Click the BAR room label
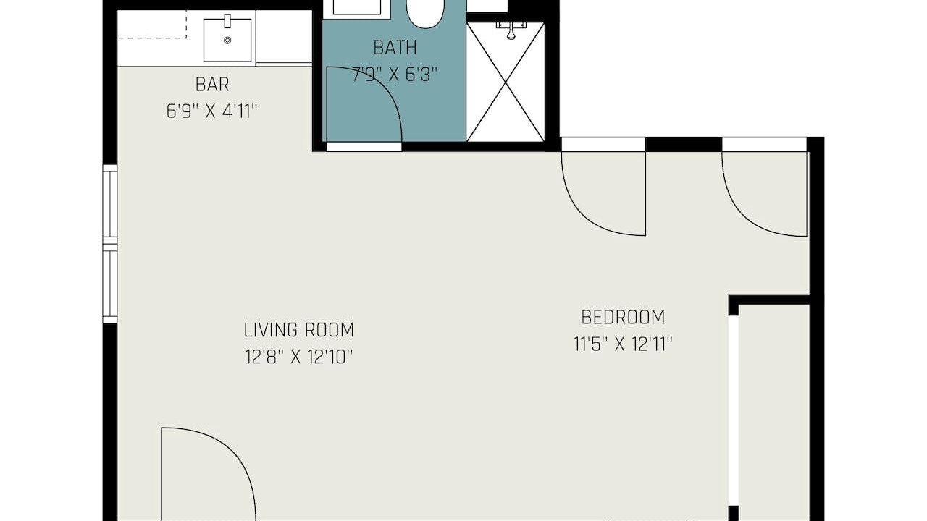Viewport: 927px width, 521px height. [x=212, y=85]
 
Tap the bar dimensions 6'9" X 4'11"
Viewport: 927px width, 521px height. [x=212, y=111]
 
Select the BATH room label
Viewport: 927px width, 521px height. [x=395, y=48]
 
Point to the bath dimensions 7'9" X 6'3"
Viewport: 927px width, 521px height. [x=395, y=75]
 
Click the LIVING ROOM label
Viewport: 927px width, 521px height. [x=299, y=330]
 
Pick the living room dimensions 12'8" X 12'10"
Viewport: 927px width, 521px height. [x=299, y=357]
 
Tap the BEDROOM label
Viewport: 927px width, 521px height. [x=623, y=317]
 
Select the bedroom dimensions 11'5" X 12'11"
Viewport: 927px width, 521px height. [x=623, y=344]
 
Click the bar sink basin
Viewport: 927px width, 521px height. [x=227, y=40]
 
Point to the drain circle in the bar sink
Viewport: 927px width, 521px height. [x=227, y=40]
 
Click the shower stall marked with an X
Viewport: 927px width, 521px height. [x=506, y=82]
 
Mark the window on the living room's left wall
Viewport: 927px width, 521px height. [x=110, y=244]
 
